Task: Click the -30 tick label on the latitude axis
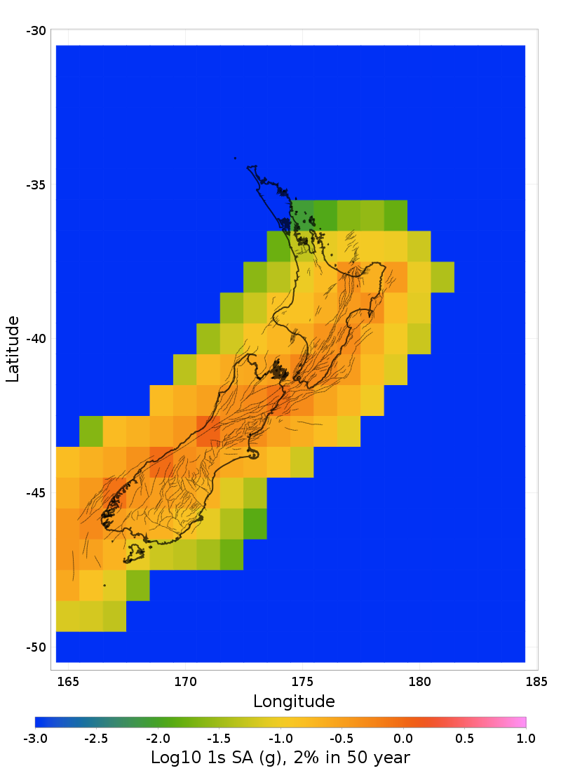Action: pos(36,31)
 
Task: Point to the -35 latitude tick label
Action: pos(36,185)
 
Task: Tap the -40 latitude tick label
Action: pos(36,339)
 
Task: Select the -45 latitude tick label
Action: pos(36,493)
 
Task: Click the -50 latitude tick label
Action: pos(36,647)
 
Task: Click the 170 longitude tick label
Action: pos(185,681)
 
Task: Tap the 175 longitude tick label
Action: pos(302,681)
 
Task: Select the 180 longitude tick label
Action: pos(419,681)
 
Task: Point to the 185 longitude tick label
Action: pos(536,681)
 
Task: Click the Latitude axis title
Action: pos(13,349)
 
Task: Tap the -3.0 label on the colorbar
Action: pos(35,738)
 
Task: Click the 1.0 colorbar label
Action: pos(526,738)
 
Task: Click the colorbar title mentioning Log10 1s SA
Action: pos(280,758)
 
